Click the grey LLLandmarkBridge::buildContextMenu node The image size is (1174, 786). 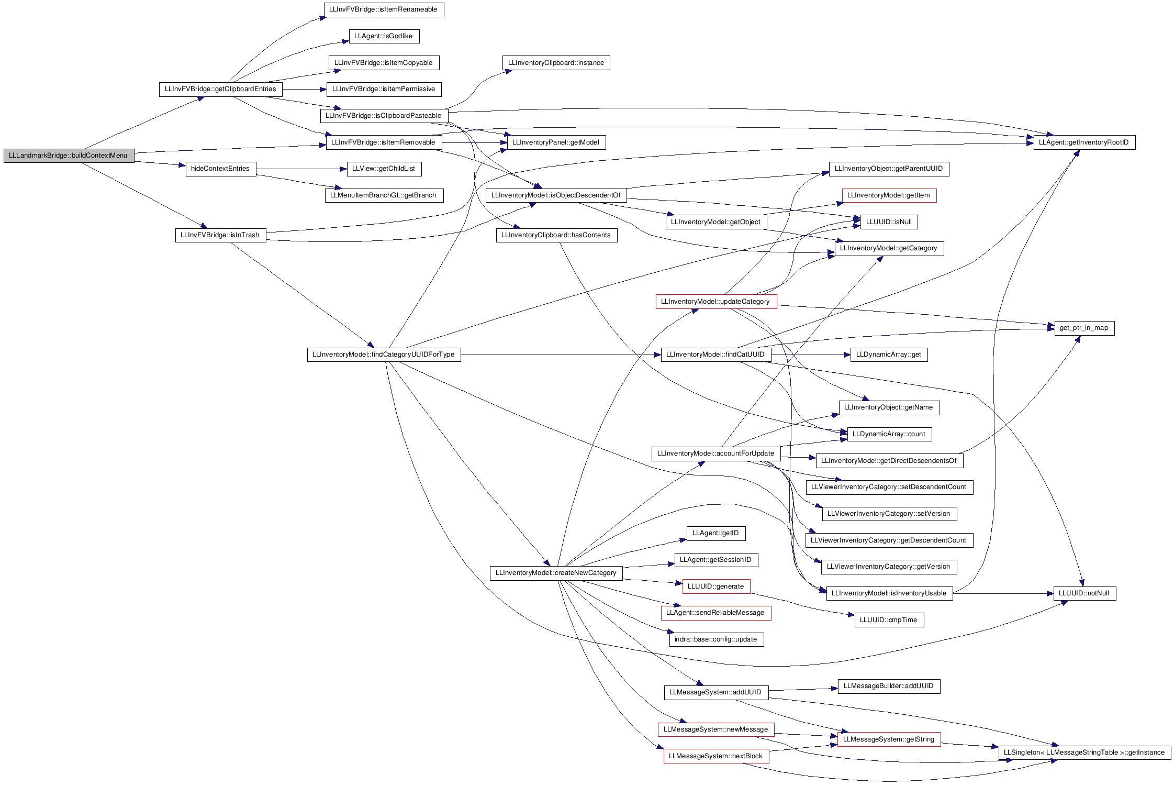coord(69,156)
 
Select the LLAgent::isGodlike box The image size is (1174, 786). coord(384,36)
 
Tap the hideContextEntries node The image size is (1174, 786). coord(221,169)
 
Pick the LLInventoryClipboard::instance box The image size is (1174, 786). coord(556,63)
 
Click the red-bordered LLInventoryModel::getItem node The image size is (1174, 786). coord(889,195)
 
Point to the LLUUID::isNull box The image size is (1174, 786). coord(889,222)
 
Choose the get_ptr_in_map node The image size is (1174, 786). coord(1084,328)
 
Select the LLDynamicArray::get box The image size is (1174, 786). coord(889,355)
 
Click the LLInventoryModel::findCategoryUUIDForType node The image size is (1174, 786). coord(384,355)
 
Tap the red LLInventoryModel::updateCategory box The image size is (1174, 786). coord(716,302)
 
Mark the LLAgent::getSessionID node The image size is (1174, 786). coord(716,560)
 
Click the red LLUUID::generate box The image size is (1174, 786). coord(716,586)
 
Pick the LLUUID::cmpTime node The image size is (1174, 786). coord(889,620)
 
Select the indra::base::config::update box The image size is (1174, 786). coord(716,639)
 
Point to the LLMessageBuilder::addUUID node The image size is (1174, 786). coord(889,686)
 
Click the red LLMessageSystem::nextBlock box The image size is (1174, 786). coord(716,756)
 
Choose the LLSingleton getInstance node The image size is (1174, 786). coord(1084,752)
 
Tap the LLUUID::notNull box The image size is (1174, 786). coord(1084,593)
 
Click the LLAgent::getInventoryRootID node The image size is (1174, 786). coord(1084,142)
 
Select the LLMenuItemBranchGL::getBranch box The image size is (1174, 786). coord(384,195)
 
